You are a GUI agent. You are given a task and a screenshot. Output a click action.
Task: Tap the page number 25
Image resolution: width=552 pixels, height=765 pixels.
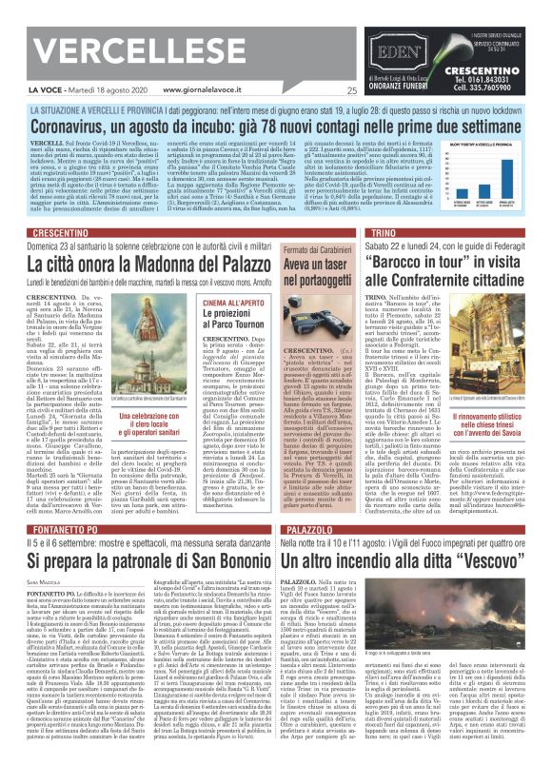(x=351, y=91)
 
